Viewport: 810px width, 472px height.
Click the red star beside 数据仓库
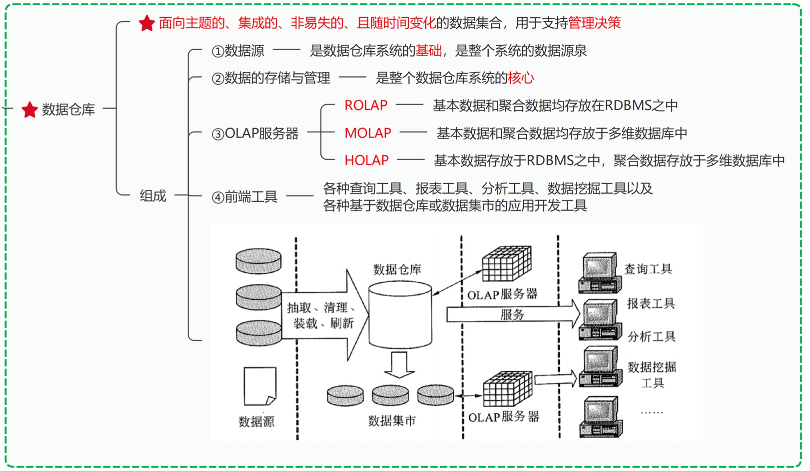pos(30,110)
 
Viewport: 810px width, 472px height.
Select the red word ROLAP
pos(366,105)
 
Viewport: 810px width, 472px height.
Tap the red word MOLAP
pos(367,133)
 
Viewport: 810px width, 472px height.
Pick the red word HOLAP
pos(366,161)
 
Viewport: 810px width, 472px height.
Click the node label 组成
pos(153,196)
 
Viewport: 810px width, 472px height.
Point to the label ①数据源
pos(238,51)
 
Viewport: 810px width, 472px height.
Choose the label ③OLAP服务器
pos(255,133)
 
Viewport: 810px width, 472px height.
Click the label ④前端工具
pos(245,197)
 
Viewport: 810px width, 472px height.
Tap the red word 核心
pos(521,78)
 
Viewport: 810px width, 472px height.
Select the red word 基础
pos(428,51)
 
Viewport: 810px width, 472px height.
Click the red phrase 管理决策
pos(594,23)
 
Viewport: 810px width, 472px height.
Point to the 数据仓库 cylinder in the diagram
pos(400,315)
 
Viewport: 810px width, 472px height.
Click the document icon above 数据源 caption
pos(260,386)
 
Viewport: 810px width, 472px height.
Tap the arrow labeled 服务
pos(512,314)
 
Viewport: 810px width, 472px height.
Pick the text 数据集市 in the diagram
pos(391,421)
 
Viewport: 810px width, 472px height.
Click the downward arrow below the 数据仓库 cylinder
pos(399,365)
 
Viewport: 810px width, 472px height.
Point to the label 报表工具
pos(650,304)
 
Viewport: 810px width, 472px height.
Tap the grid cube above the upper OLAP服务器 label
pos(506,264)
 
